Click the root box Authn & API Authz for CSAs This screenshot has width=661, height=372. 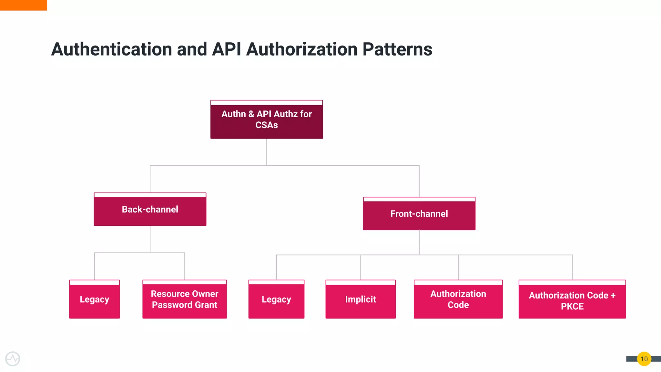point(267,120)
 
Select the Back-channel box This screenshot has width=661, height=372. point(150,210)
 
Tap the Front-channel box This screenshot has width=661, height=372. point(419,214)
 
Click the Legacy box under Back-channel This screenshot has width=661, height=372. point(94,299)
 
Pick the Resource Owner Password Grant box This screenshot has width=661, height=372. point(185,299)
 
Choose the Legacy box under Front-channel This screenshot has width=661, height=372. point(276,299)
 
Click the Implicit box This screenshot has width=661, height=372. point(361,299)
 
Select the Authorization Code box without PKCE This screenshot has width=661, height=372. point(458,299)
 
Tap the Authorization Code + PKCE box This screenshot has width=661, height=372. point(572,300)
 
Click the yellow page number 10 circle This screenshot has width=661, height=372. point(644,359)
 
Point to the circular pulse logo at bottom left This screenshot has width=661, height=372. point(13,359)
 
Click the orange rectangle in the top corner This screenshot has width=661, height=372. point(23,5)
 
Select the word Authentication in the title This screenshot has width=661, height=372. point(111,49)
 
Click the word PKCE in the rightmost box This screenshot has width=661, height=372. point(572,306)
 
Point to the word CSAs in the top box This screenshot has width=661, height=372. point(267,125)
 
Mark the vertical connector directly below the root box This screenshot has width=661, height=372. point(267,152)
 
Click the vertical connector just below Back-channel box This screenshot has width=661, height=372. point(150,239)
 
